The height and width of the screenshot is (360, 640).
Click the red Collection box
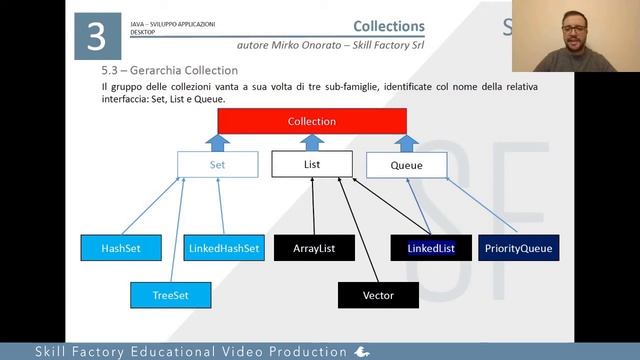tap(311, 121)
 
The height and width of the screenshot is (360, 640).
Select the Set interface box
tap(218, 164)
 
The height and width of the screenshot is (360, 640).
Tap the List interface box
tap(312, 163)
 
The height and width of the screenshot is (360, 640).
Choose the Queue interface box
tap(406, 165)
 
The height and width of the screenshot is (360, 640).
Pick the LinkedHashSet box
tap(223, 248)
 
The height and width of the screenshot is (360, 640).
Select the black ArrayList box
tap(314, 248)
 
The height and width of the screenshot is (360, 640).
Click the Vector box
tap(377, 296)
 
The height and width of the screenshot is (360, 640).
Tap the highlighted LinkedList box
tap(431, 248)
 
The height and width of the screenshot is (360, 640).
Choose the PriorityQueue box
tap(517, 248)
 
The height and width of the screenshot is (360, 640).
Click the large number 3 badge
tap(97, 37)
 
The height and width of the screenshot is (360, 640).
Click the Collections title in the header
tap(389, 26)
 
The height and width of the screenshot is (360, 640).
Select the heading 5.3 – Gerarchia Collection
tap(169, 71)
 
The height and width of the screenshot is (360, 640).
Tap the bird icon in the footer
tap(363, 352)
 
